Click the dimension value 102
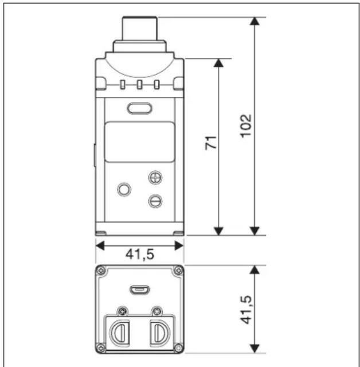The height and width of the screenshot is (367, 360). tap(246, 126)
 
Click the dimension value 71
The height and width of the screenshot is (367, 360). tap(211, 143)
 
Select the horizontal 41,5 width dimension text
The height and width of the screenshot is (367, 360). tap(140, 255)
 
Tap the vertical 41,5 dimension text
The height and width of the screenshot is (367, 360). tap(246, 310)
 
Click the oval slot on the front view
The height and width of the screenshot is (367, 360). tap(139, 108)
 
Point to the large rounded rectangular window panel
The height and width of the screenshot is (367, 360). tap(139, 142)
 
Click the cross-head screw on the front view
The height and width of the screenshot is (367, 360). tap(155, 178)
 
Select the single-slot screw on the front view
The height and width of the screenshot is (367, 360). tap(155, 201)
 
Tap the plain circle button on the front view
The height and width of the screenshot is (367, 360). tap(124, 189)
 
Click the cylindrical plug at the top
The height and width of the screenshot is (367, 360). tap(140, 28)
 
